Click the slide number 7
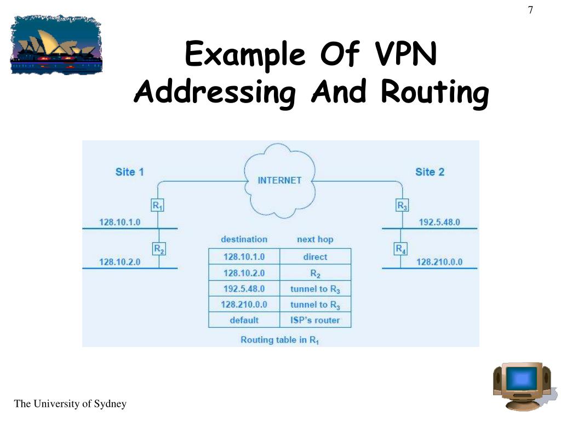pyautogui.click(x=530, y=10)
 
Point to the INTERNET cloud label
pyautogui.click(x=279, y=180)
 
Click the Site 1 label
pyautogui.click(x=129, y=172)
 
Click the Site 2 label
pyautogui.click(x=430, y=172)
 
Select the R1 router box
pyautogui.click(x=158, y=206)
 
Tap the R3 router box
pyautogui.click(x=402, y=206)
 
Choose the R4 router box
pyautogui.click(x=401, y=249)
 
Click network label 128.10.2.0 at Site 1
pyautogui.click(x=119, y=262)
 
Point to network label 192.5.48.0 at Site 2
pyautogui.click(x=439, y=223)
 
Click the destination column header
pyautogui.click(x=244, y=240)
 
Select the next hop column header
pyautogui.click(x=315, y=240)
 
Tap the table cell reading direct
pyautogui.click(x=315, y=257)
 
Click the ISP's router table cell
pyautogui.click(x=315, y=320)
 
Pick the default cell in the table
pyautogui.click(x=244, y=320)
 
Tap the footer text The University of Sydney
pyautogui.click(x=70, y=404)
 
